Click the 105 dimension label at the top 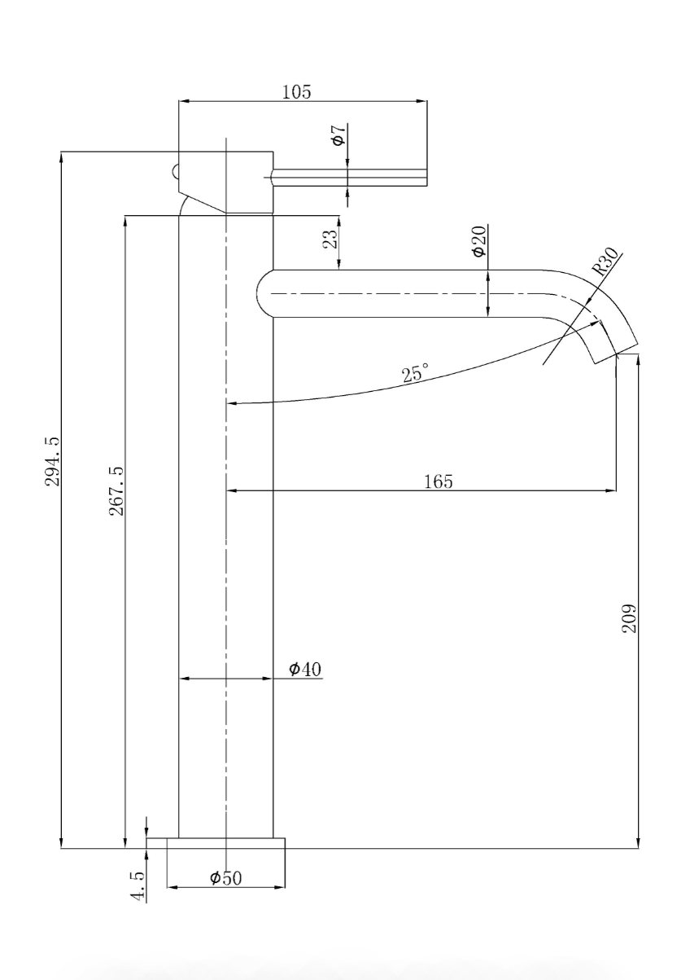coord(296,91)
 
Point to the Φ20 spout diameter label coord(480,241)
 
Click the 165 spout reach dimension coord(438,481)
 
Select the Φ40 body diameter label coord(305,669)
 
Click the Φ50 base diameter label coord(225,878)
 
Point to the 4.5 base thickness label coord(138,886)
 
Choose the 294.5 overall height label coord(52,461)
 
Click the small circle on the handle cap coord(175,171)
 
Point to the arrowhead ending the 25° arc coord(234,402)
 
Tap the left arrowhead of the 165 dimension coord(232,490)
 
